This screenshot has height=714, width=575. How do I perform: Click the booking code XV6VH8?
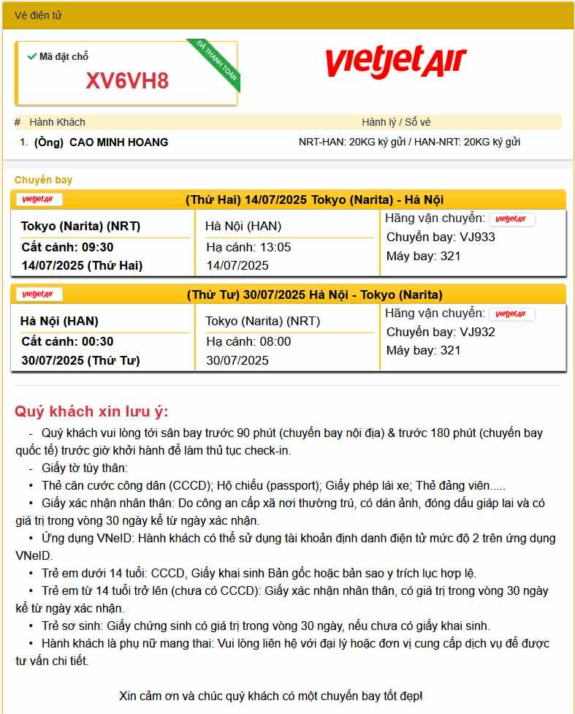pyautogui.click(x=127, y=80)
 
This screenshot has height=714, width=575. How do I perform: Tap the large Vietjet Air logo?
pyautogui.click(x=395, y=61)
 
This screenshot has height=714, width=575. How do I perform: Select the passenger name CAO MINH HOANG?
pyautogui.click(x=118, y=143)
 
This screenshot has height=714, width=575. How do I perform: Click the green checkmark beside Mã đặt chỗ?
pyautogui.click(x=31, y=56)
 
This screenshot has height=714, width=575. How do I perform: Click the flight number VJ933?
pyautogui.click(x=477, y=237)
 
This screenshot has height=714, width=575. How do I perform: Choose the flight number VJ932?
pyautogui.click(x=477, y=332)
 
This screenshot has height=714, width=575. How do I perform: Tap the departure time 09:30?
pyautogui.click(x=98, y=247)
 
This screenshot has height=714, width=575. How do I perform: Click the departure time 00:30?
pyautogui.click(x=98, y=341)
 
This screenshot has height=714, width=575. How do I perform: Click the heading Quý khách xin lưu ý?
pyautogui.click(x=91, y=411)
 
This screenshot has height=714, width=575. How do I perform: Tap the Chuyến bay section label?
pyautogui.click(x=43, y=180)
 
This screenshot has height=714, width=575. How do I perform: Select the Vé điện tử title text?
pyautogui.click(x=38, y=15)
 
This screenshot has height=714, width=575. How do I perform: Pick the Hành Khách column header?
pyautogui.click(x=57, y=122)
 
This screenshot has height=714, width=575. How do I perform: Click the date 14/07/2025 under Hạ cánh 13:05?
pyautogui.click(x=237, y=265)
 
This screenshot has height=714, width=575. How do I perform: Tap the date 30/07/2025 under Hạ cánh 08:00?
pyautogui.click(x=237, y=360)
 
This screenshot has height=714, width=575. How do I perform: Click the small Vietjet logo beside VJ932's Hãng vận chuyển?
pyautogui.click(x=511, y=314)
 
